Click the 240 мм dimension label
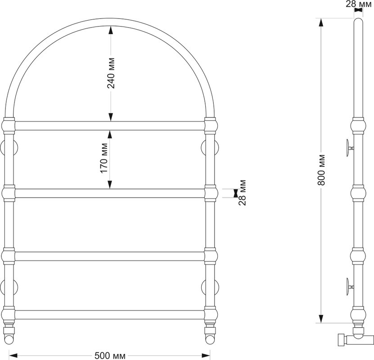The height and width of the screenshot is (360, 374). pos(111,73)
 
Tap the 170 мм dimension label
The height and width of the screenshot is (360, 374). pos(104,158)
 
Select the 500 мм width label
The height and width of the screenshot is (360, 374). pos(110,355)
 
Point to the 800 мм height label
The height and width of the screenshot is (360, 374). pos(321,170)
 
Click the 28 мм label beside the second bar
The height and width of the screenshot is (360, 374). pos(242,193)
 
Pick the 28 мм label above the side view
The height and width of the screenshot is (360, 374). pos(359,4)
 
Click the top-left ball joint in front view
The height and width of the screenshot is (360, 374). pos(9,126)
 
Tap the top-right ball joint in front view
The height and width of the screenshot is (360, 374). pos(211,126)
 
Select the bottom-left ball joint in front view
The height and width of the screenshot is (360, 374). pos(9,314)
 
